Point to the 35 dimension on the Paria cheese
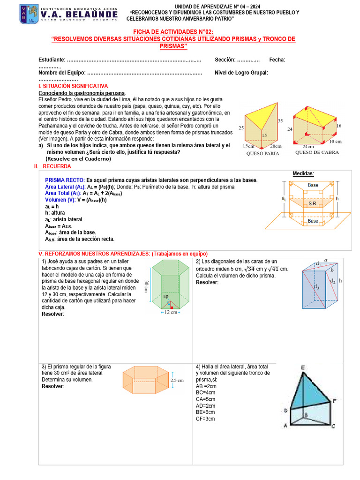click(280, 120)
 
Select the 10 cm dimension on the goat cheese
click(335, 141)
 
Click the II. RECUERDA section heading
click(52, 166)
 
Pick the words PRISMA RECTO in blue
click(65, 180)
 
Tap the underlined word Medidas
click(303, 173)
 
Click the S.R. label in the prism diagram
click(313, 204)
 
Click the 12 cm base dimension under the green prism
click(170, 312)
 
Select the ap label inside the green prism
click(166, 296)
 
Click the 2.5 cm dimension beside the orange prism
click(176, 380)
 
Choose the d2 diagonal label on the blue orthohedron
click(333, 281)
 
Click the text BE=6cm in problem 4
click(206, 412)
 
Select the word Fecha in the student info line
click(277, 60)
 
